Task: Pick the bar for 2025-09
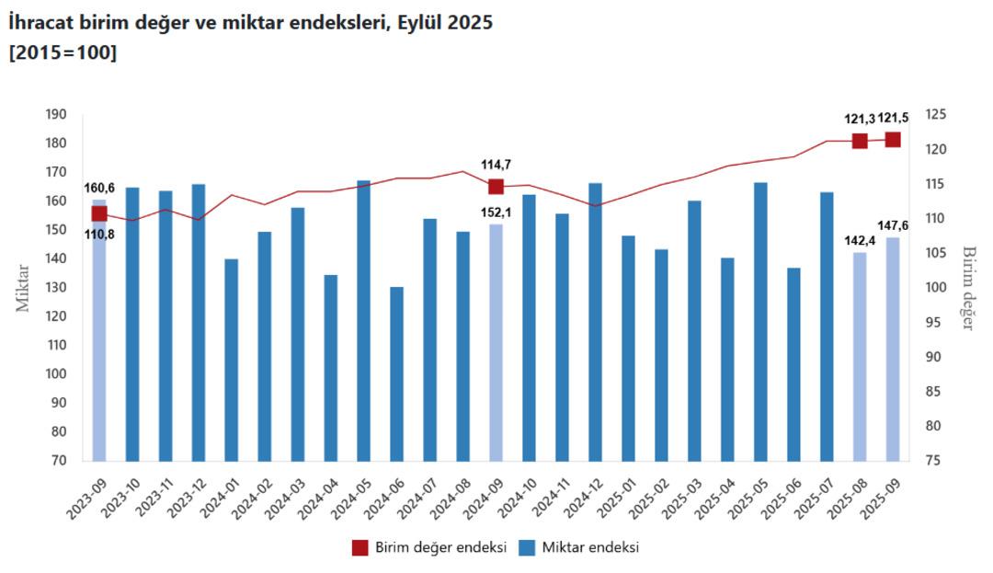[893, 349]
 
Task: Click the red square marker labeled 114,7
[496, 187]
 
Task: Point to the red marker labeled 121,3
[860, 141]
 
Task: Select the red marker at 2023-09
[99, 213]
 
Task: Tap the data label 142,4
[860, 240]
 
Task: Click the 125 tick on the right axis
[936, 115]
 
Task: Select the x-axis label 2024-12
[583, 497]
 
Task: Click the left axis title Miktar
[23, 288]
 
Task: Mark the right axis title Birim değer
[967, 288]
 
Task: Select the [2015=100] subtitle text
[63, 52]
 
